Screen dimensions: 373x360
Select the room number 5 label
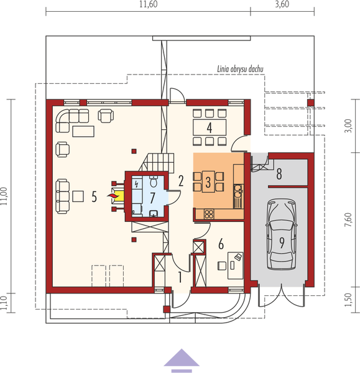point(94,197)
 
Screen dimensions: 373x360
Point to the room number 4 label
point(210,128)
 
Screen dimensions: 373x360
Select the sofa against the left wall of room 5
point(62,196)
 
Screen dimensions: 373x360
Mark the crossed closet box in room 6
point(200,247)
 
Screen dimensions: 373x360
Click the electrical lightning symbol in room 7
point(137,183)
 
